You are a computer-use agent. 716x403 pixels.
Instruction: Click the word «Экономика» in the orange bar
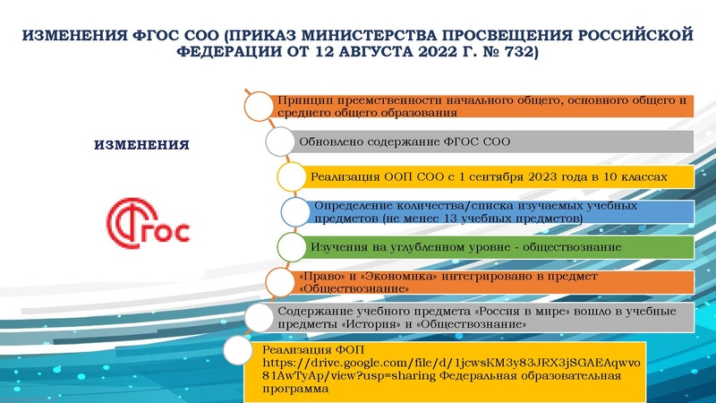(x=385, y=277)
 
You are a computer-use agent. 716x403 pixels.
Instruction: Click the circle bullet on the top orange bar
(x=260, y=105)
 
